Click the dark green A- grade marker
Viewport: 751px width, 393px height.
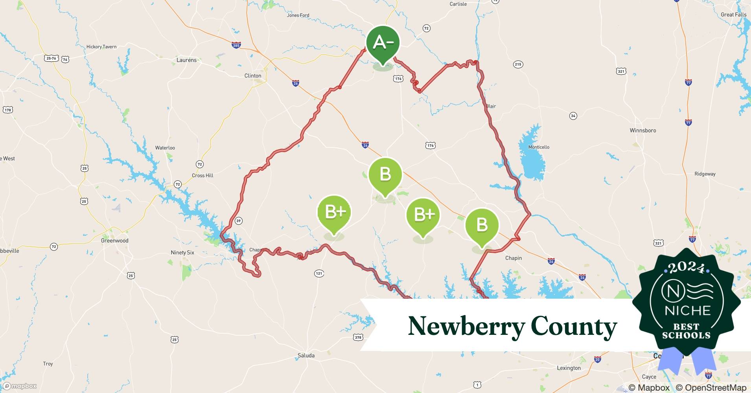(x=383, y=43)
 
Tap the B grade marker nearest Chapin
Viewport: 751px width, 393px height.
(x=482, y=226)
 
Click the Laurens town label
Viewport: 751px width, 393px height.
(x=186, y=60)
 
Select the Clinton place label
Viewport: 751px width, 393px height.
(x=253, y=76)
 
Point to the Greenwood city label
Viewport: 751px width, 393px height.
(x=114, y=241)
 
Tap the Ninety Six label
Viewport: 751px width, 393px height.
(x=182, y=252)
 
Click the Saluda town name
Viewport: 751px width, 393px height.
(x=306, y=355)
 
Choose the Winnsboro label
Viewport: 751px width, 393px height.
(x=642, y=130)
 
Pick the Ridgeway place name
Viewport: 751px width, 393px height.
(x=705, y=174)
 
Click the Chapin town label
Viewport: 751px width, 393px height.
(x=514, y=258)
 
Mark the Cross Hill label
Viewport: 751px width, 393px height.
(x=202, y=175)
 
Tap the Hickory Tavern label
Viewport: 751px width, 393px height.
(x=101, y=47)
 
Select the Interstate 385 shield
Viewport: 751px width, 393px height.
(x=236, y=46)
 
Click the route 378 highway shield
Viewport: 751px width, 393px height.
(x=358, y=337)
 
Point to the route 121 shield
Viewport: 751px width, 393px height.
(x=319, y=273)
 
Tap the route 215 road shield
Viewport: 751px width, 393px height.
(x=518, y=64)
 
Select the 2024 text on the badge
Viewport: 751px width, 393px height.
(x=686, y=268)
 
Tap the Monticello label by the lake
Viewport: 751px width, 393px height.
(x=539, y=147)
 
